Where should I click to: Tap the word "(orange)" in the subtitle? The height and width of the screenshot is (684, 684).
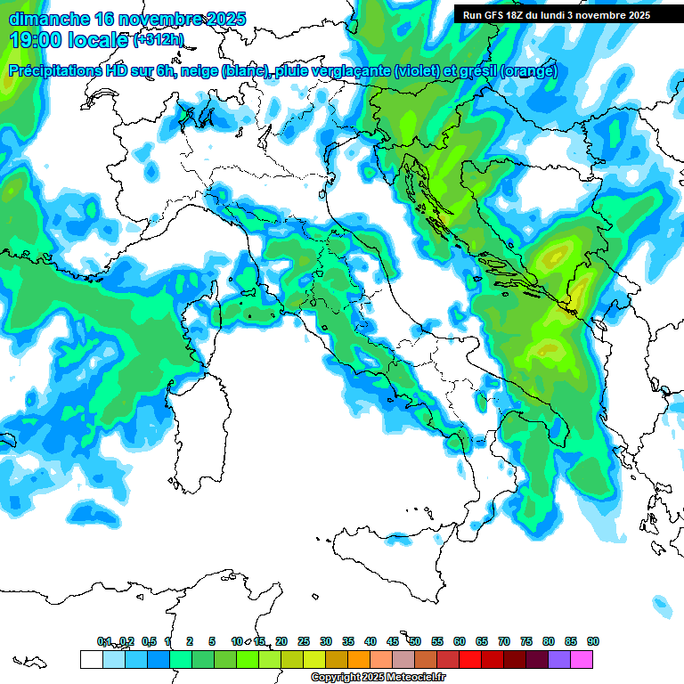click(x=529, y=71)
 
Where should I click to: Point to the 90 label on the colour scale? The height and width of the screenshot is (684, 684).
click(x=592, y=641)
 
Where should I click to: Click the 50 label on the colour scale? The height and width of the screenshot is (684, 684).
click(x=414, y=641)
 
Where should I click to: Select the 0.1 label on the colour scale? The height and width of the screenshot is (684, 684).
click(x=104, y=641)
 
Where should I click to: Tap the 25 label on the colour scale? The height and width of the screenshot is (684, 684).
click(x=303, y=641)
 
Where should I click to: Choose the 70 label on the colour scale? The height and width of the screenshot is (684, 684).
click(x=503, y=641)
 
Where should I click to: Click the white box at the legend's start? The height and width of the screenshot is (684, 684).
click(x=91, y=659)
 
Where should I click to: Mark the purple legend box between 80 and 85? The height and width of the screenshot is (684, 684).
click(x=559, y=659)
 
